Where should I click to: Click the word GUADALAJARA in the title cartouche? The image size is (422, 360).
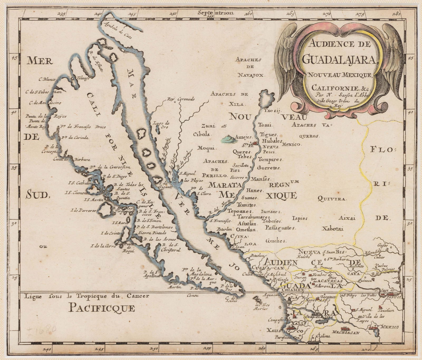click(339, 59)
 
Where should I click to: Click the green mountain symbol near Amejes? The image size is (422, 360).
click(228, 139)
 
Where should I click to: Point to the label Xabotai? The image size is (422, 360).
click(332, 229)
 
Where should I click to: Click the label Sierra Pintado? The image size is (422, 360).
click(152, 233)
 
